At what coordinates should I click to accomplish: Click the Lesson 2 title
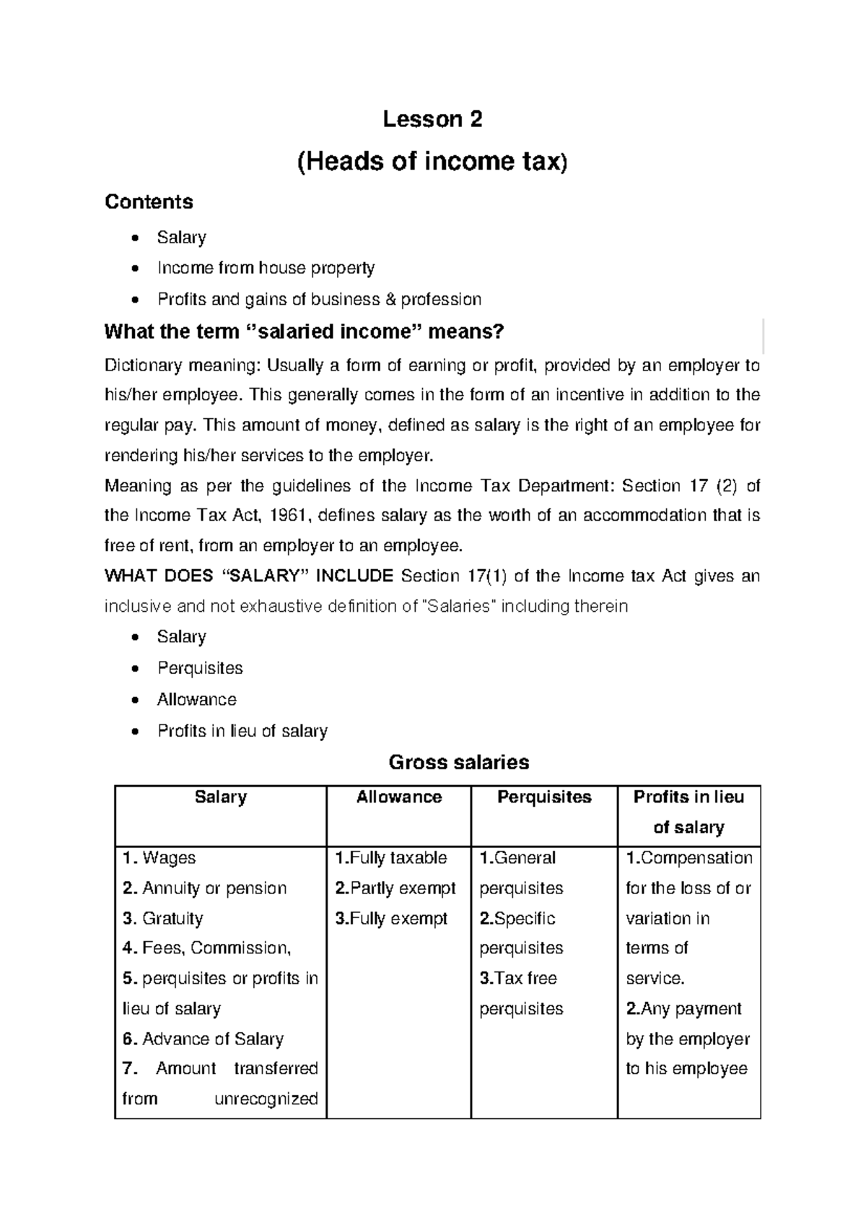point(432,119)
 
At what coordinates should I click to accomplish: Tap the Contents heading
point(149,202)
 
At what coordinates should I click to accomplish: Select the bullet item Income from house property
point(266,268)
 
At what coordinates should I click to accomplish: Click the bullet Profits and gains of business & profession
point(319,299)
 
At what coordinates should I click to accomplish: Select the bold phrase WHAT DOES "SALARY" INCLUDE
point(248,576)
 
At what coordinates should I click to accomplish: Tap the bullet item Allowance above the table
point(196,699)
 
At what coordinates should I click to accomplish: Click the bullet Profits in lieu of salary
point(242,731)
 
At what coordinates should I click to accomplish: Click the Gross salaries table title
point(458,762)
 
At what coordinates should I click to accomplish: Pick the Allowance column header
point(398,797)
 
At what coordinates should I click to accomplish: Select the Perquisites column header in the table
point(543,797)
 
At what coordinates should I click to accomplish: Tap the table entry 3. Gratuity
point(162,919)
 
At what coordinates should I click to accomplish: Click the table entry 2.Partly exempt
point(395,888)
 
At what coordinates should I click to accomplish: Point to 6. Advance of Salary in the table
point(203,1039)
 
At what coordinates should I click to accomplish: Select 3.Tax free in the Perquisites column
point(517,979)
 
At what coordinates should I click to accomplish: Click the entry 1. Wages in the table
point(159,858)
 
